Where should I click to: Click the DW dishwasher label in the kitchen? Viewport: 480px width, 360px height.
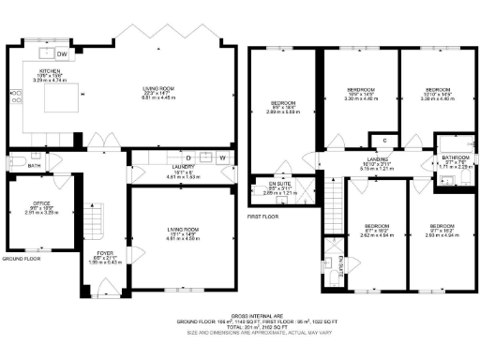click(x=75, y=53)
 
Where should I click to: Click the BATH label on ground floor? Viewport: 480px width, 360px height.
click(x=35, y=167)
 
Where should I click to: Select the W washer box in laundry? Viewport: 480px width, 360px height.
click(x=222, y=158)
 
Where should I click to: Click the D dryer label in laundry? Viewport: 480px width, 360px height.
click(x=188, y=157)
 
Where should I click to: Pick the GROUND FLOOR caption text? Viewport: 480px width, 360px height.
click(x=21, y=258)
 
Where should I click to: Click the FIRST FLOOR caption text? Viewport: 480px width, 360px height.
click(x=263, y=215)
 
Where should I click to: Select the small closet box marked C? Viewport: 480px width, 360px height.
click(x=385, y=140)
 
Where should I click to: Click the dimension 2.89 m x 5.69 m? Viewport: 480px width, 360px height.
click(x=281, y=112)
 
